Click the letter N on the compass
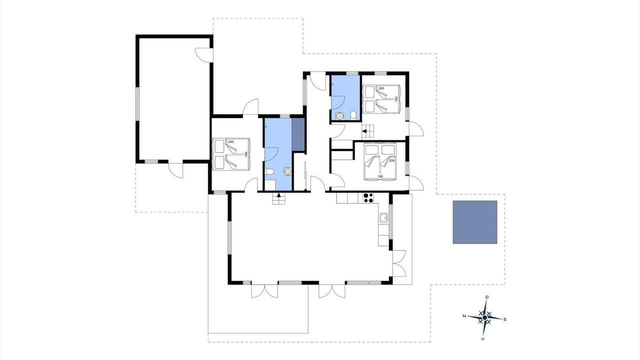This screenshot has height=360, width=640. click(464, 315)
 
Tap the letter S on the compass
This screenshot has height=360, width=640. click(505, 319)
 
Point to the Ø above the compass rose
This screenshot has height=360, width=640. click(487, 297)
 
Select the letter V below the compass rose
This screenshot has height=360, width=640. click(482, 339)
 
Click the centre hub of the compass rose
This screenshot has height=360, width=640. click(484, 317)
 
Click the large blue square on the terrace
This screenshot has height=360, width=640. click(475, 222)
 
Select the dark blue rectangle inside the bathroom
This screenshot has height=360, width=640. click(298, 134)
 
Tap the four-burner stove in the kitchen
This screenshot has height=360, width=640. click(368, 198)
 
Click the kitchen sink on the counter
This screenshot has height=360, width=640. click(383, 218)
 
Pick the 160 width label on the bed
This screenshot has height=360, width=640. click(396, 99)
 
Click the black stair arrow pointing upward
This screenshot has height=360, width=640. click(279, 195)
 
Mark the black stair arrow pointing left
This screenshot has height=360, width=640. click(364, 131)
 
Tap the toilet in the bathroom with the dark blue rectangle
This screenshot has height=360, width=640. click(269, 171)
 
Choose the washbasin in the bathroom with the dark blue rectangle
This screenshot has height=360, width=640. click(287, 171)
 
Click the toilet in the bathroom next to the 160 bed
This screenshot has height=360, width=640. click(353, 115)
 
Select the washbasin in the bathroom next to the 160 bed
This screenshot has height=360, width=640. click(339, 116)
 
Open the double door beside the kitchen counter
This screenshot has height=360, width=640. click(399, 263)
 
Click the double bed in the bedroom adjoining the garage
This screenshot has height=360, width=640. click(231, 154)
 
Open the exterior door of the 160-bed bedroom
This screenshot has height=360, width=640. click(416, 129)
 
